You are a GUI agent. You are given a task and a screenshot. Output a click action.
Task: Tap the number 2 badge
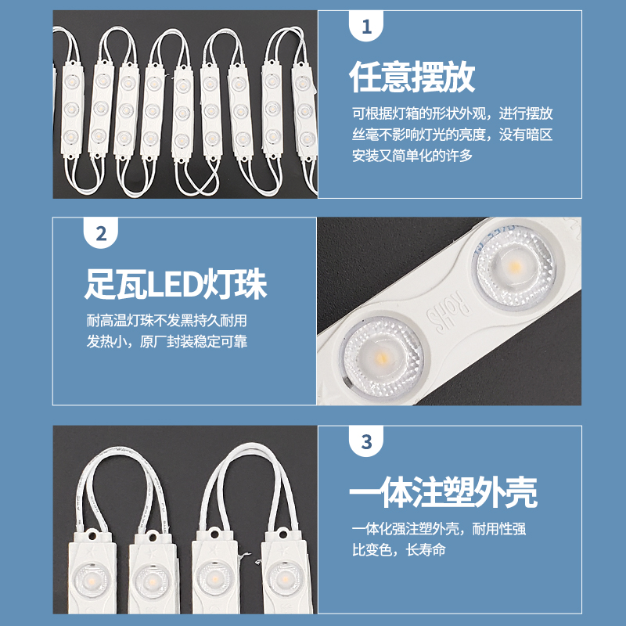pyautogui.click(x=100, y=234)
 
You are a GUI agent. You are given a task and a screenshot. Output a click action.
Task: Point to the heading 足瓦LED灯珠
pyautogui.click(x=176, y=284)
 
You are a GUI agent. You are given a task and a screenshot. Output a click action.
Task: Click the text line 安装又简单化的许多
pyautogui.click(x=412, y=155)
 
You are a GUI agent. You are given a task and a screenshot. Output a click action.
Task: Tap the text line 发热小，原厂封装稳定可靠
pyautogui.click(x=167, y=342)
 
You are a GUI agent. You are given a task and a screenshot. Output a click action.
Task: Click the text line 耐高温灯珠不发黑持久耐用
pyautogui.click(x=167, y=321)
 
